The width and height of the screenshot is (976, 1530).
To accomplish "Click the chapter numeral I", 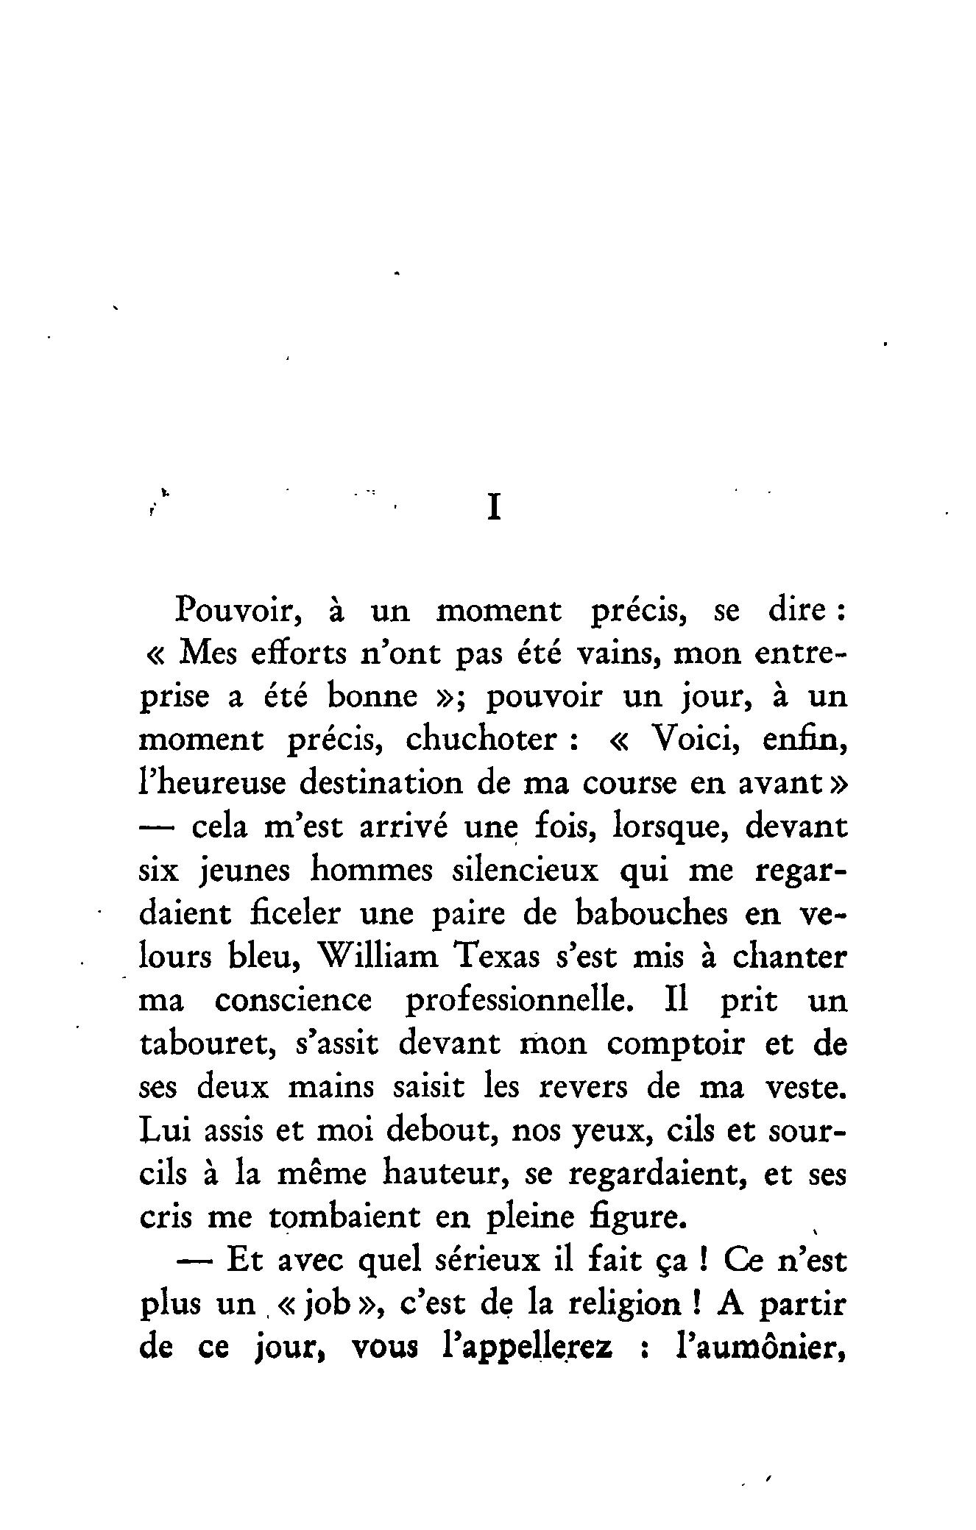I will click(495, 508).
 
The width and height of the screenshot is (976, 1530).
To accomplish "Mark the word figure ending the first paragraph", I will click(641, 1217).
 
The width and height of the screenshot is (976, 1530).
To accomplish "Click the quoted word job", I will click(326, 1305).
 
